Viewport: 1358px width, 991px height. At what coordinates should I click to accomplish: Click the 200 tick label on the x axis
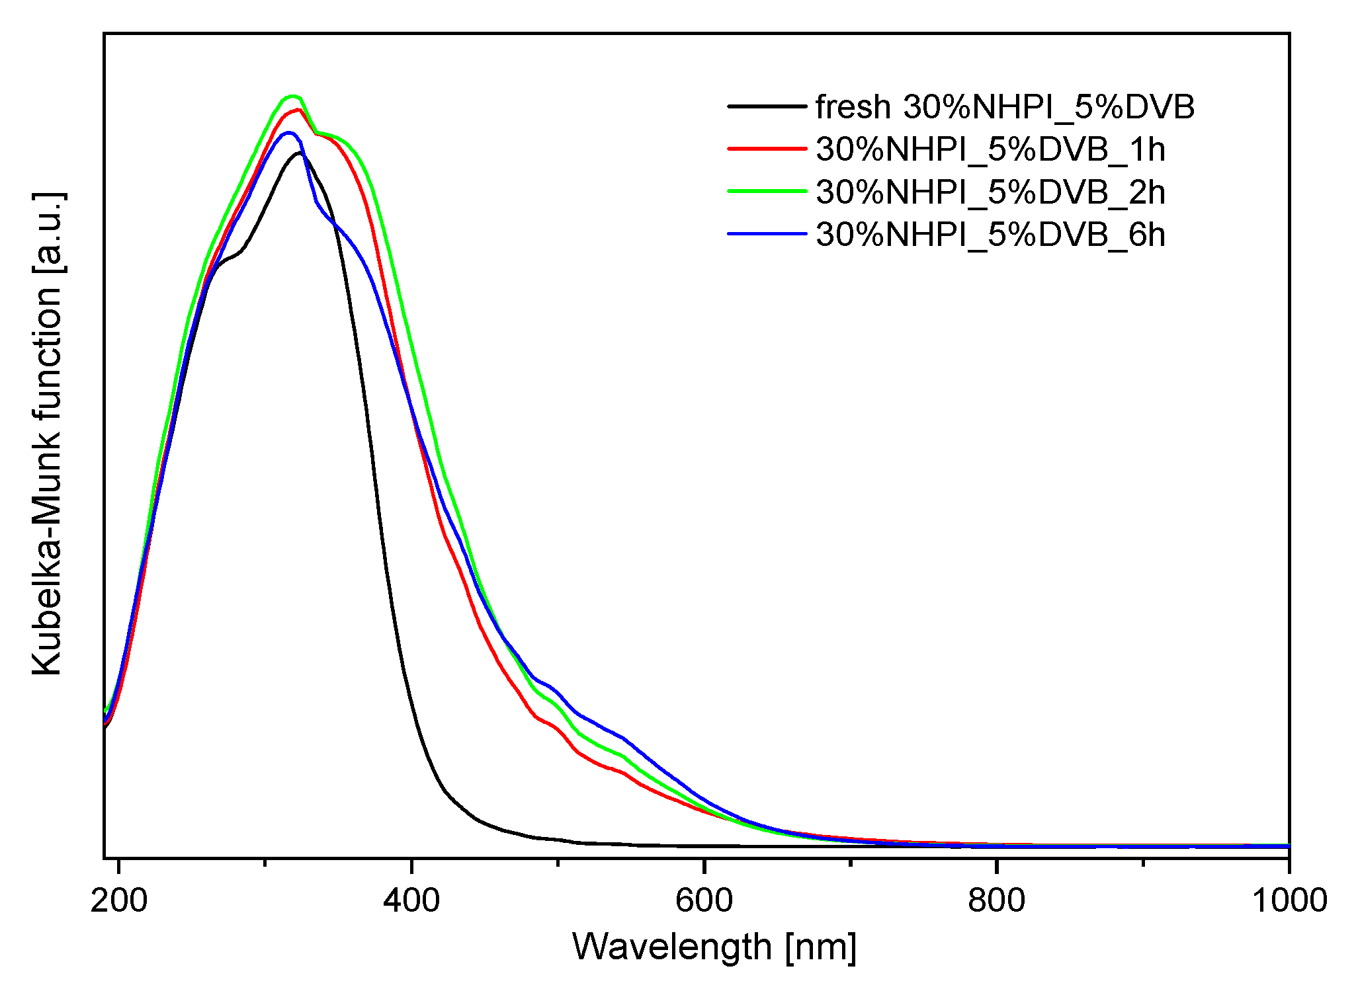tap(118, 901)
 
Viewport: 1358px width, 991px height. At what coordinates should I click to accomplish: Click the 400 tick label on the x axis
tap(411, 901)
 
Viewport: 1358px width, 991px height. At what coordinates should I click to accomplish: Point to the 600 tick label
tap(704, 901)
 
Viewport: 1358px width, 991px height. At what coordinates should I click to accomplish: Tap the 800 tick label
tap(996, 901)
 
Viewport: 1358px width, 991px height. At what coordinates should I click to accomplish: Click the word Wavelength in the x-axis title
tap(671, 947)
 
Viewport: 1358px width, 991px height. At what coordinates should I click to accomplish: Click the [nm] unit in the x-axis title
tap(821, 947)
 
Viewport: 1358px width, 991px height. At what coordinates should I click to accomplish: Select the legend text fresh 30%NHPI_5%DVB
tap(1005, 106)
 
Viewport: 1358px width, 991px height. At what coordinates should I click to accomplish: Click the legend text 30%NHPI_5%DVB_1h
tap(990, 149)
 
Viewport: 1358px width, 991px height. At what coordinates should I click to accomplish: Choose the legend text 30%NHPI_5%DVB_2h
tap(990, 192)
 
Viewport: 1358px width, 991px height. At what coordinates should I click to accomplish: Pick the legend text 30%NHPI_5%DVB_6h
tap(990, 235)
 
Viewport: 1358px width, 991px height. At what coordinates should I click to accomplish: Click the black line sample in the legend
tap(767, 106)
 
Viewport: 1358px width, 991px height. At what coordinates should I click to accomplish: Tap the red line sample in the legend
tap(767, 149)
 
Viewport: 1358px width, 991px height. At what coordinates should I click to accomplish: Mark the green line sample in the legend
tap(767, 192)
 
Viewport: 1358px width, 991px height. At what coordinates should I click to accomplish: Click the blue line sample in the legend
tap(767, 234)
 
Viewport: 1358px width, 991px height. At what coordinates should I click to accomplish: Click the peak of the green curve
tap(292, 97)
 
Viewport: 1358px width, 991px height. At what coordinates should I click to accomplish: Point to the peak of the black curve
tap(300, 153)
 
